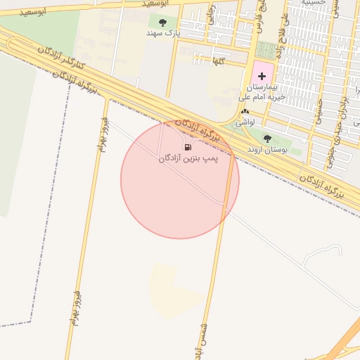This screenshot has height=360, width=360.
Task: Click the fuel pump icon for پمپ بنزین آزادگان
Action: point(188,147)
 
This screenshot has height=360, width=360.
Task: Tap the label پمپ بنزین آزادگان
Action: point(188,159)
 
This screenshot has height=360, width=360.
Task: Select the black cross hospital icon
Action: point(262,75)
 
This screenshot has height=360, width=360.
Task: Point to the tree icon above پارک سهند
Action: point(163,22)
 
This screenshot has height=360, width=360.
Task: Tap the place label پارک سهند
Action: point(163,33)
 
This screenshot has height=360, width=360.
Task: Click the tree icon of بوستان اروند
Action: point(267,138)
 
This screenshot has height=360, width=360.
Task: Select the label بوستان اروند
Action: point(267,149)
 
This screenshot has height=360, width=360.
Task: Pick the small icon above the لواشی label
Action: point(245,112)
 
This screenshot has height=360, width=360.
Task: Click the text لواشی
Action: point(245,122)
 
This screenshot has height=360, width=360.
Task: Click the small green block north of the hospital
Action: point(266,50)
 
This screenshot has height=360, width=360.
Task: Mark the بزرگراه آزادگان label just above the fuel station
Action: point(197,129)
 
